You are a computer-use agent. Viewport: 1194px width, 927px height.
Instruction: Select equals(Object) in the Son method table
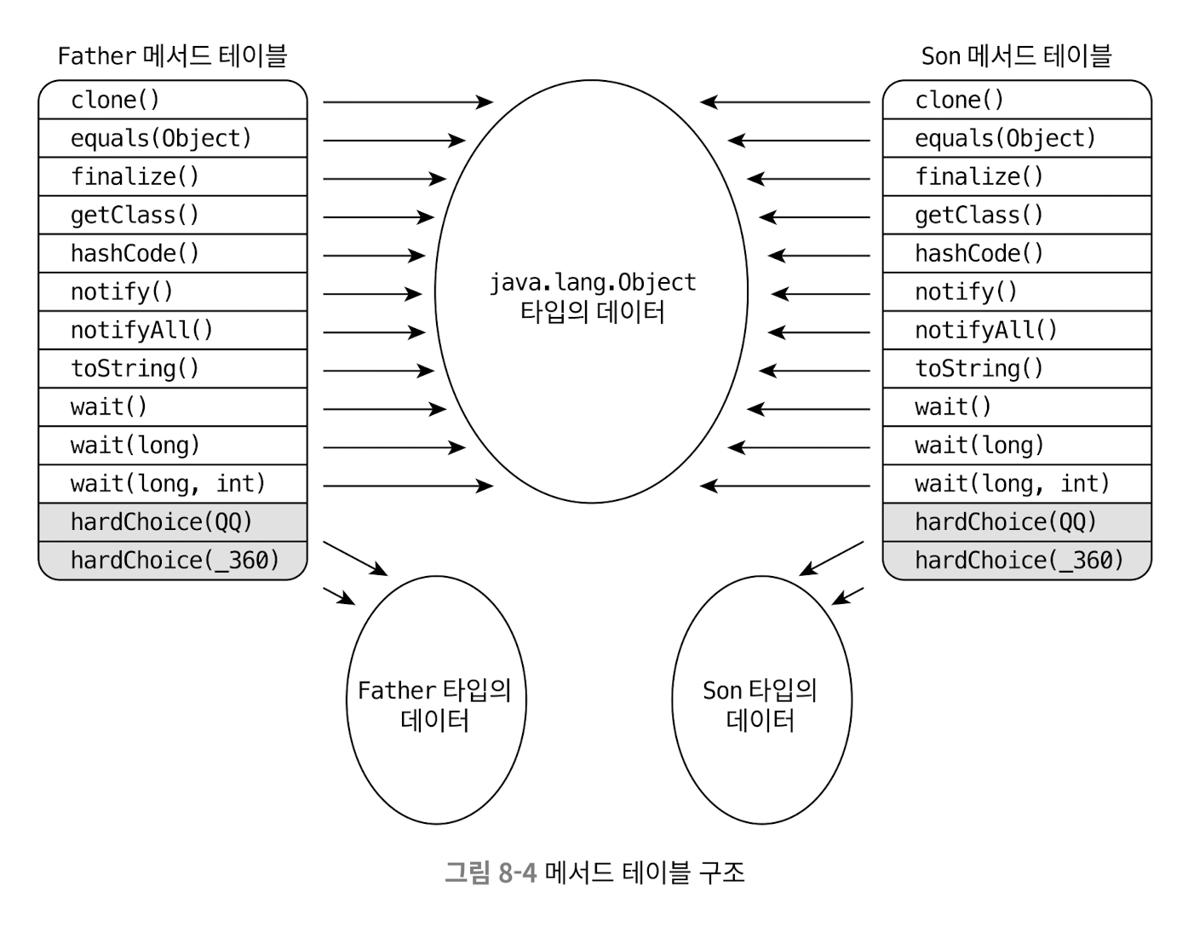pyautogui.click(x=1016, y=139)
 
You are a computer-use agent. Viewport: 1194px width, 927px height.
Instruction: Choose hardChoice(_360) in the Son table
pyautogui.click(x=1016, y=561)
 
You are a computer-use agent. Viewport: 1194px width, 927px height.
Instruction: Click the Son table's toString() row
pyautogui.click(x=1016, y=369)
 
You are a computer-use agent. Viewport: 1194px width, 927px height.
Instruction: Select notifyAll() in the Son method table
pyautogui.click(x=1016, y=331)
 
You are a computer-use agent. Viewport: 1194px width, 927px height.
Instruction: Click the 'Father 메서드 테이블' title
pyautogui.click(x=172, y=56)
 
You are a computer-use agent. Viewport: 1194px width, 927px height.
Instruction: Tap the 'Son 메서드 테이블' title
pyautogui.click(x=1016, y=56)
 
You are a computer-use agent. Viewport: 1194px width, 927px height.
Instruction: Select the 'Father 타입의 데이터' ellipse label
pyautogui.click(x=435, y=705)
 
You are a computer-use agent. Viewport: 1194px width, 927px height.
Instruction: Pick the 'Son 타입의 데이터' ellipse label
pyautogui.click(x=761, y=705)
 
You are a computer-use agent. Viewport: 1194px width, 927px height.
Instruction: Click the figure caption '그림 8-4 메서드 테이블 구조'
pyautogui.click(x=594, y=872)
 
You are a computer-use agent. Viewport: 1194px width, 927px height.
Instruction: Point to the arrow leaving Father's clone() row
pyautogui.click(x=407, y=102)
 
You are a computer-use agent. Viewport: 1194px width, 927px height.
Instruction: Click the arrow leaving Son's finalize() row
pyautogui.click(x=809, y=179)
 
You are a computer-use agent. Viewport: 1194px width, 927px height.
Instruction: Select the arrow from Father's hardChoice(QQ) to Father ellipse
pyautogui.click(x=355, y=558)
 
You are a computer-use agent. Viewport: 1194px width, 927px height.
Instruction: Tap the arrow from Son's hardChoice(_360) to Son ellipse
pyautogui.click(x=847, y=596)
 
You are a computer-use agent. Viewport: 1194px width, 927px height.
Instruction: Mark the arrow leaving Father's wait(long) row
pyautogui.click(x=393, y=447)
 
